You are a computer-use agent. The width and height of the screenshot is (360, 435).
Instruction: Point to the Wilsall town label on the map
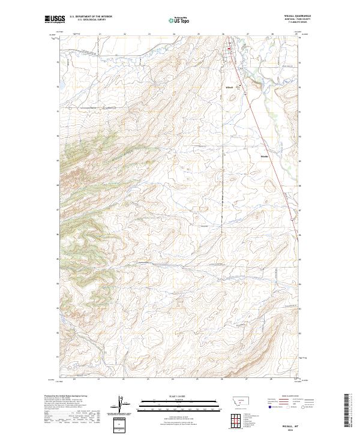coord(228,88)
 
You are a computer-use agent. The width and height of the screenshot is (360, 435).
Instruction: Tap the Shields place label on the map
coord(265,158)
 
